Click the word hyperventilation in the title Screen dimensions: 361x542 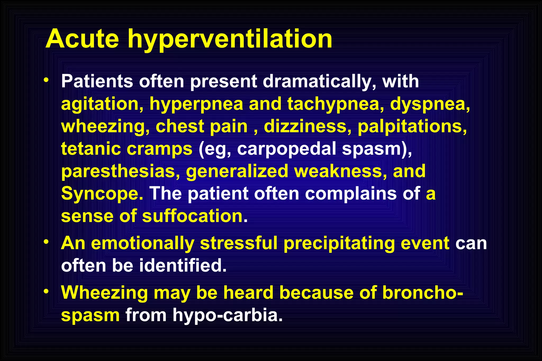click(230, 40)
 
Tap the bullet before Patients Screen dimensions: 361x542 click(46, 80)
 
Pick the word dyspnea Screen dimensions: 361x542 click(430, 104)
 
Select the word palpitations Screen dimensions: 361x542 click(412, 126)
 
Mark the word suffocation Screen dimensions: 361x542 click(195, 216)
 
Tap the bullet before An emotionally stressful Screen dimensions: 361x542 click(46, 242)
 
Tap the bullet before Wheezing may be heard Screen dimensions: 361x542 click(46, 291)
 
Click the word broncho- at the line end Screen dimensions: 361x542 click(423, 293)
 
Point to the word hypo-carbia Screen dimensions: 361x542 click(228, 315)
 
